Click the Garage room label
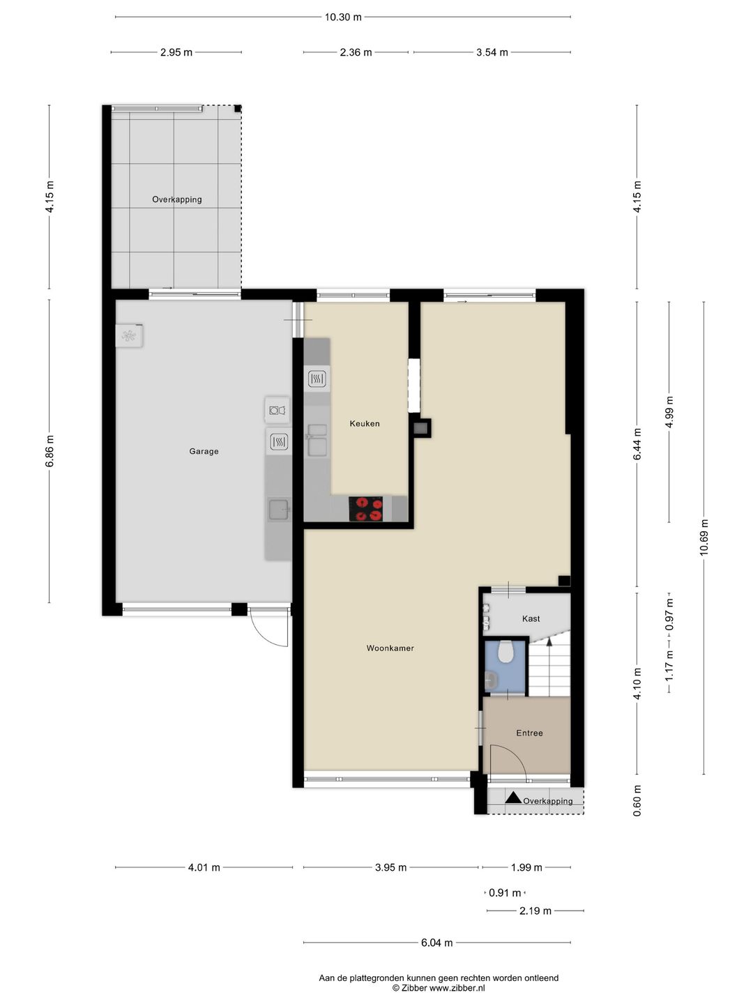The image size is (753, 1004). (x=204, y=451)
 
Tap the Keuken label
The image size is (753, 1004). (x=365, y=423)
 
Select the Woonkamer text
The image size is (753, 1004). (x=390, y=648)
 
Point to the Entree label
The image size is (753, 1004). (x=529, y=733)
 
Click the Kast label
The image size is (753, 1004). (x=531, y=618)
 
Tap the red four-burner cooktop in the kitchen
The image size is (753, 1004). (x=366, y=508)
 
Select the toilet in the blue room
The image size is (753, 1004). (x=506, y=652)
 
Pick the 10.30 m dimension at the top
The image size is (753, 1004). (x=343, y=17)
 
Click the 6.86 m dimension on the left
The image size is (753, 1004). (x=50, y=451)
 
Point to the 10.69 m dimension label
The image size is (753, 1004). (x=704, y=537)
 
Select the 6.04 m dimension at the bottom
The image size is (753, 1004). (x=436, y=943)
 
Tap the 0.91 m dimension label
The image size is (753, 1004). (x=505, y=892)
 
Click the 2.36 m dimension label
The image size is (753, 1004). (x=356, y=52)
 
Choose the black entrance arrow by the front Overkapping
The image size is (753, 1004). (x=513, y=798)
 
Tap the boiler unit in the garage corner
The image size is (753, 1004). (x=129, y=336)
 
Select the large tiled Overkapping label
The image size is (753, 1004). (x=177, y=199)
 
